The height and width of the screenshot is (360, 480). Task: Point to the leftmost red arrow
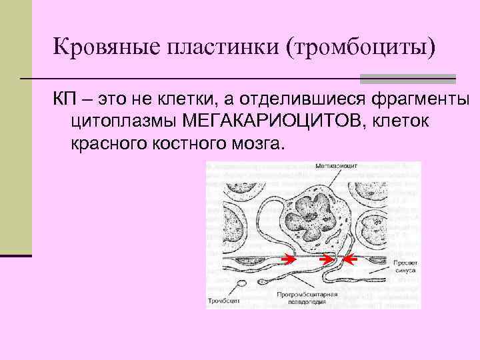pyautogui.click(x=289, y=257)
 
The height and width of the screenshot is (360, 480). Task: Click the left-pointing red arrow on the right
pyautogui.click(x=350, y=258)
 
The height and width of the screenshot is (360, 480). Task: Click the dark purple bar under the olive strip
pyautogui.click(x=16, y=255)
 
